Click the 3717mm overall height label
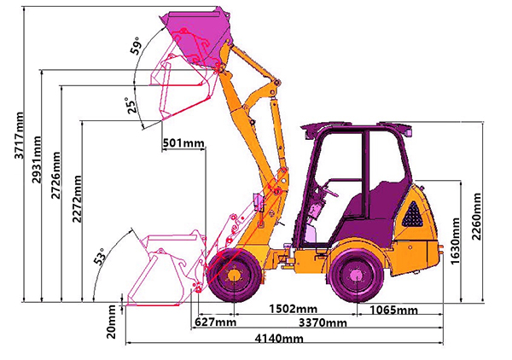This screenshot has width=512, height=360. (x=20, y=136)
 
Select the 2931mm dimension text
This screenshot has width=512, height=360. (x=37, y=160)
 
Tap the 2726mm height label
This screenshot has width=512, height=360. (x=55, y=175)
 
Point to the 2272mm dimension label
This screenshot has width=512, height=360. (x=77, y=199)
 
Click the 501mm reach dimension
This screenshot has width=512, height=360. (x=183, y=143)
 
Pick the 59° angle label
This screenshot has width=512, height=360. (x=136, y=46)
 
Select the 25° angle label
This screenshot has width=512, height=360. (x=131, y=105)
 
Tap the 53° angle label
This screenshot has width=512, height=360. (x=100, y=256)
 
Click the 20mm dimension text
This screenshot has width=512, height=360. (x=112, y=322)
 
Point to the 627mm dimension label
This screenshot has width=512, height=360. (x=215, y=322)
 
